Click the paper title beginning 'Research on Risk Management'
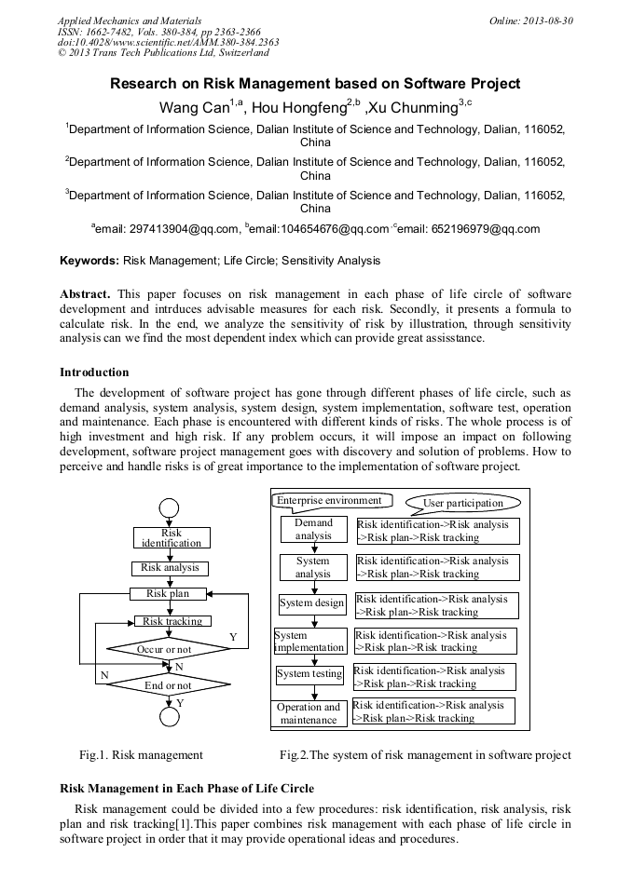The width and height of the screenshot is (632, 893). (x=315, y=84)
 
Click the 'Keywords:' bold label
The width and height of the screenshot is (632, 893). (x=89, y=261)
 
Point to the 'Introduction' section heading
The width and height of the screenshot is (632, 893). (x=94, y=372)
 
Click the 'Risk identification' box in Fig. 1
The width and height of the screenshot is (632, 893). (x=171, y=538)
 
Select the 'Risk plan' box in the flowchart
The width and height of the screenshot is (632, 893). (x=167, y=593)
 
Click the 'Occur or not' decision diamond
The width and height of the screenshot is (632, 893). (x=170, y=649)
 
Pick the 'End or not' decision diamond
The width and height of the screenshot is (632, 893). (x=170, y=685)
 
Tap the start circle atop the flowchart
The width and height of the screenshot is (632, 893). (x=169, y=507)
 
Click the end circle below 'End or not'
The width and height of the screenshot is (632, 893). (x=169, y=718)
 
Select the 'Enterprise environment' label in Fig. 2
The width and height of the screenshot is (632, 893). (x=328, y=500)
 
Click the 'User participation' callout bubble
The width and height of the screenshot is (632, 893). (x=462, y=503)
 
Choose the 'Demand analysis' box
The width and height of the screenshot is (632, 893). (x=313, y=530)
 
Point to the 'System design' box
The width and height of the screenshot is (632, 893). (x=311, y=603)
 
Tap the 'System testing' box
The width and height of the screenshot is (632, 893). (x=309, y=674)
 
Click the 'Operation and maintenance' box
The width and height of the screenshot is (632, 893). (x=309, y=713)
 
